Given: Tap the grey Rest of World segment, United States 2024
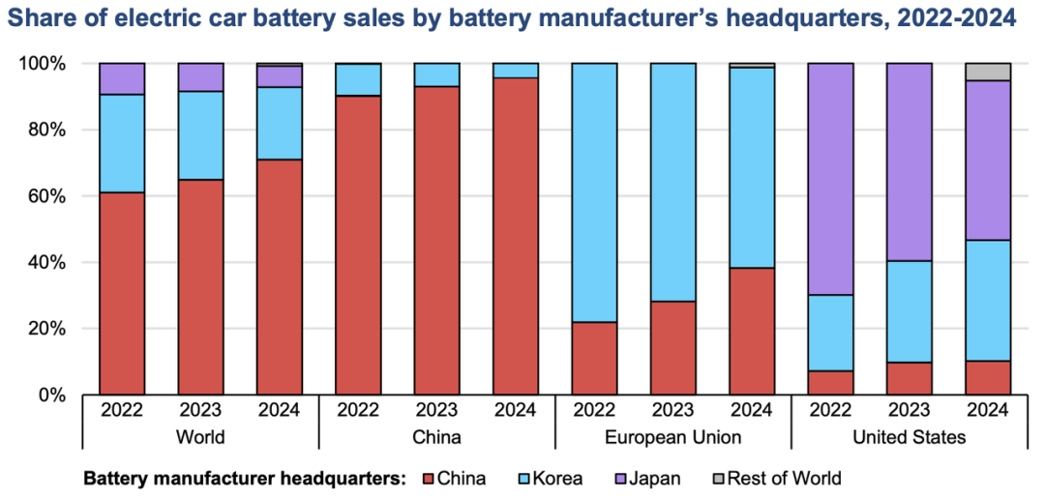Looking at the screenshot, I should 988,72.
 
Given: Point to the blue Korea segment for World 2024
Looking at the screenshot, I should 280,123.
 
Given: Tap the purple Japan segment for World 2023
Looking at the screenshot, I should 200,76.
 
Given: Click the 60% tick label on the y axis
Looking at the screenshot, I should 48,196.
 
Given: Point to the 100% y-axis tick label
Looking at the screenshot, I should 45,64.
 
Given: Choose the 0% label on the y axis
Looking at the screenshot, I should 52,396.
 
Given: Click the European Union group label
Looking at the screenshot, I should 672,437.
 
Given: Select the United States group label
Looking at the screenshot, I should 909,437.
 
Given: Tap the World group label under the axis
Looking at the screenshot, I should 200,437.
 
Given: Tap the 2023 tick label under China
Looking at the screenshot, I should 436,410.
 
